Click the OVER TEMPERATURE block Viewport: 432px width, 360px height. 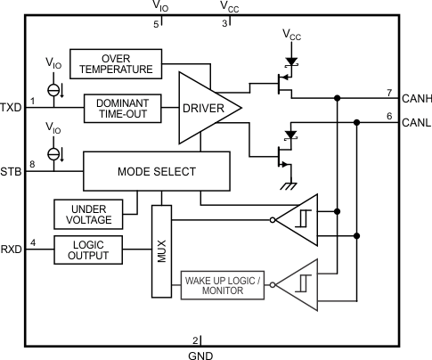point(116,62)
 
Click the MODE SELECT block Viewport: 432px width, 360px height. point(157,169)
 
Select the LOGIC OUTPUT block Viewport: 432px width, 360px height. point(87,250)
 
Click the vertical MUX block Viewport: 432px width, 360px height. point(161,251)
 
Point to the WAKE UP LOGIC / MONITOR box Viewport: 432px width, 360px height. point(224,286)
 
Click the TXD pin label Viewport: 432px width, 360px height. point(12,107)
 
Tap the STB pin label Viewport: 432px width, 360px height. point(12,170)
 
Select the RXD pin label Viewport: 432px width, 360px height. point(12,250)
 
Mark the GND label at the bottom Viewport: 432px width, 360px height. point(200,354)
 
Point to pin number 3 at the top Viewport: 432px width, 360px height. point(224,23)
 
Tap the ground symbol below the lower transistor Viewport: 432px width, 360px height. point(288,184)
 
